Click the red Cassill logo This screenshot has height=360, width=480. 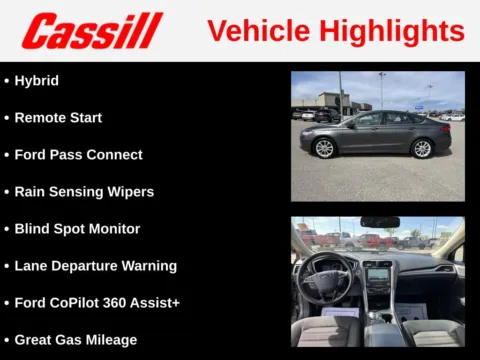tap(92, 31)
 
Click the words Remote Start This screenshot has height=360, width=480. tap(58, 117)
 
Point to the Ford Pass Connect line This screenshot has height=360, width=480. tap(78, 155)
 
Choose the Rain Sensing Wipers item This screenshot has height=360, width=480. tap(84, 192)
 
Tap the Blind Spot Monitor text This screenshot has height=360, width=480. tap(77, 229)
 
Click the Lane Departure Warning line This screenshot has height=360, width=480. tap(95, 266)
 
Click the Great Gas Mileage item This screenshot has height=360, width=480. tap(75, 340)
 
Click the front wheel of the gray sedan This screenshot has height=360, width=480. tap(324, 148)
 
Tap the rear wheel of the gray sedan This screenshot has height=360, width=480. tap(421, 148)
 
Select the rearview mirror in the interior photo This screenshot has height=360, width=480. tap(380, 222)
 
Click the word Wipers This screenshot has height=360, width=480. tap(130, 192)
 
